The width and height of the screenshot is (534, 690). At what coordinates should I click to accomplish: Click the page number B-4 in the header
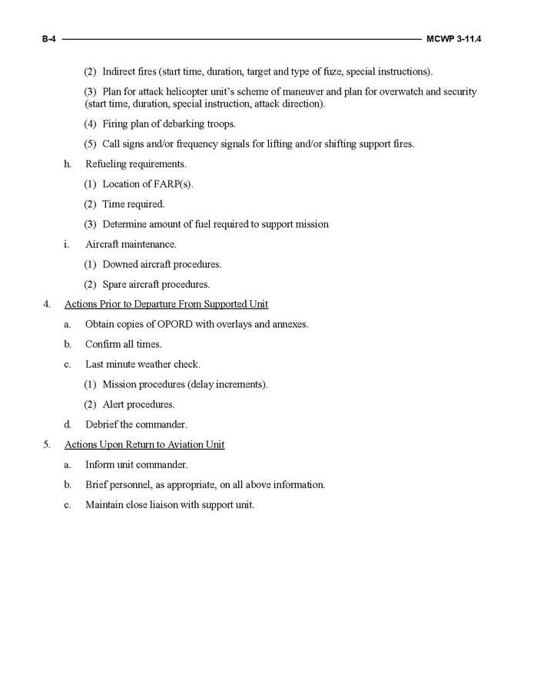[x=50, y=38]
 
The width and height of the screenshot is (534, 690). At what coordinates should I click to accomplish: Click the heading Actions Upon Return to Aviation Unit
[x=144, y=444]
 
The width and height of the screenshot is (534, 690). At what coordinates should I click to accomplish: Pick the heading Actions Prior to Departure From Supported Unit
[x=166, y=304]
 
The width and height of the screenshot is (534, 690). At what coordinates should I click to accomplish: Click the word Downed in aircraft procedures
[x=121, y=264]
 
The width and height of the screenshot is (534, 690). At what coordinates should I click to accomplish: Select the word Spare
[x=117, y=284]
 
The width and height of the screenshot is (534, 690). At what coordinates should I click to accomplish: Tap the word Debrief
[x=104, y=424]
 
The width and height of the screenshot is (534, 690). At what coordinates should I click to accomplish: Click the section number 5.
[x=47, y=444]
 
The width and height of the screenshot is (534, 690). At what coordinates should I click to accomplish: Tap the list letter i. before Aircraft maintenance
[x=67, y=244]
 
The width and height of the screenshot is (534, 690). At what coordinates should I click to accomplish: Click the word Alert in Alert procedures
[x=115, y=404]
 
